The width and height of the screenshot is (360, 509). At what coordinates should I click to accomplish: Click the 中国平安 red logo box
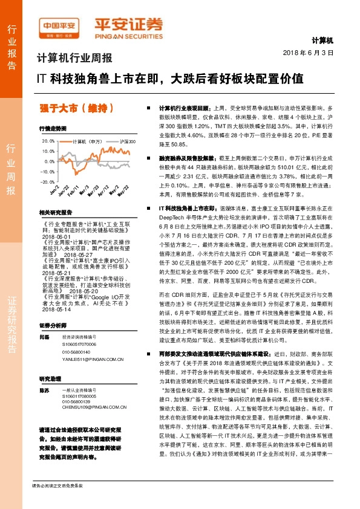pyautogui.click(x=59, y=27)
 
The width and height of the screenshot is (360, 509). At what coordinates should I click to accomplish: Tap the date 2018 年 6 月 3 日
pyautogui.click(x=309, y=53)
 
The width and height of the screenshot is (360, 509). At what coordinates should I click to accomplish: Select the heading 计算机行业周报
pyautogui.click(x=74, y=59)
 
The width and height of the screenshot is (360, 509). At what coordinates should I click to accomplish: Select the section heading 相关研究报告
pyautogui.click(x=55, y=213)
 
